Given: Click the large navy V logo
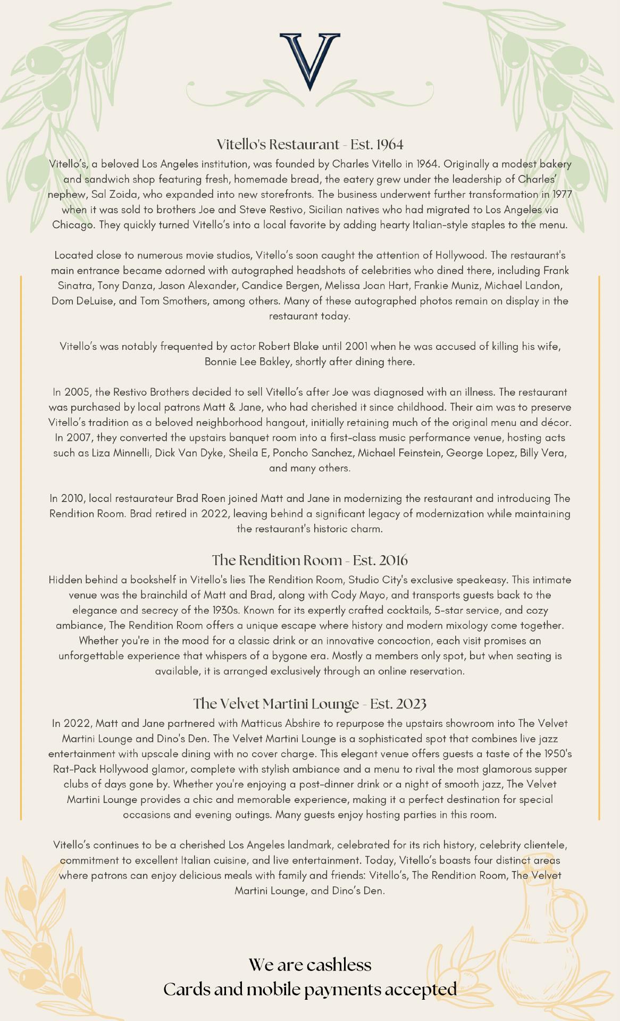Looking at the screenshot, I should (x=309, y=60).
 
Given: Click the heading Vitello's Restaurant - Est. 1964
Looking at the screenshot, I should (x=310, y=144).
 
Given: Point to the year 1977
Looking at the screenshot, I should (x=562, y=195).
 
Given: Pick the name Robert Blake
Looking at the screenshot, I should (x=286, y=347).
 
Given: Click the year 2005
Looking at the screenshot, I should (x=78, y=392).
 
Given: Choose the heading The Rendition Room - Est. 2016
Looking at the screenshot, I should (x=310, y=560).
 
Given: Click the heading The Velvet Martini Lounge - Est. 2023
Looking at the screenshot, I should (x=310, y=704).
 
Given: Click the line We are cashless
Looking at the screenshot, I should (x=310, y=965).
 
